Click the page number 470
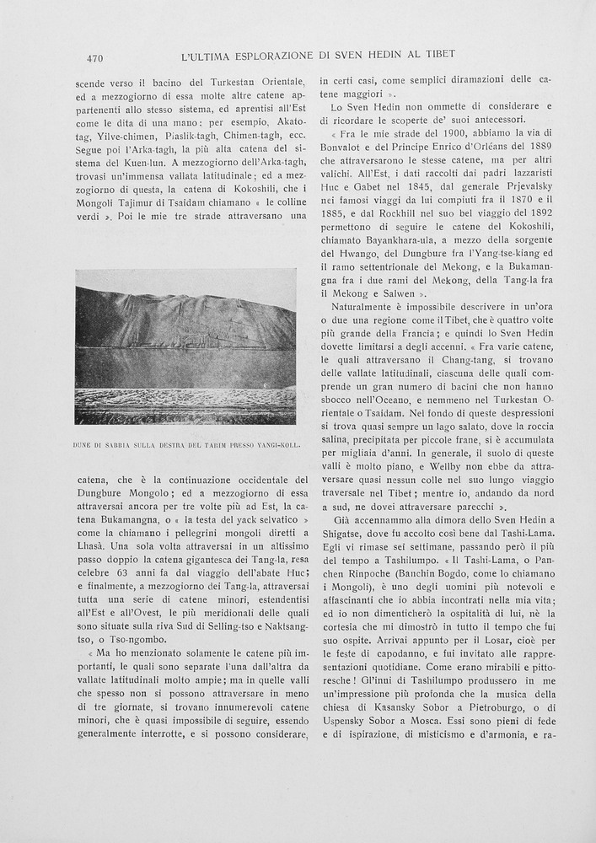coord(94,58)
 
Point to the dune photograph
coord(185,346)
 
